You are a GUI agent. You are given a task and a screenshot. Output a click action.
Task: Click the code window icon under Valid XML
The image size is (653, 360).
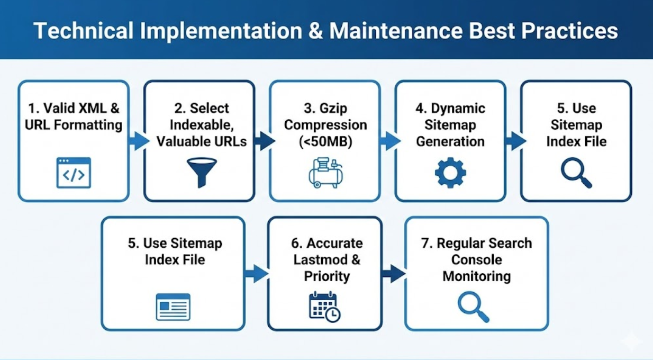coord(74,173)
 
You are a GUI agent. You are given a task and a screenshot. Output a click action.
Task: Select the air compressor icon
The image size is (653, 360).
coord(324,173)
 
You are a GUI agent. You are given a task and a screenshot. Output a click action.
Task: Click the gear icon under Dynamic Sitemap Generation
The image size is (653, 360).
coord(450,173)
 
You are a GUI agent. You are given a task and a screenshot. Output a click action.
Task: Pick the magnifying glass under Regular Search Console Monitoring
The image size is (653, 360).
coord(473,308)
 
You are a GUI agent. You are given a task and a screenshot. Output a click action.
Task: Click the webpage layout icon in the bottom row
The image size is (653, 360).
coord(173,307)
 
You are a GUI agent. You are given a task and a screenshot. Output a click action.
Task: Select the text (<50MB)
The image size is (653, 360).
coord(324,142)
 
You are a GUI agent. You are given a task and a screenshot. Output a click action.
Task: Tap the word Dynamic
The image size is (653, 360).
coord(458,109)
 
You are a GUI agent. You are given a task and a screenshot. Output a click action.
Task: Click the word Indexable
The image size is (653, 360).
coord(201,125)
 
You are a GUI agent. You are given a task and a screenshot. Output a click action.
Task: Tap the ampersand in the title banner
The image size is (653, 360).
coord(313,31)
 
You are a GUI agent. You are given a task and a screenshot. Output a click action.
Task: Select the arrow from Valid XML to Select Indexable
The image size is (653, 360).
coord(139,141)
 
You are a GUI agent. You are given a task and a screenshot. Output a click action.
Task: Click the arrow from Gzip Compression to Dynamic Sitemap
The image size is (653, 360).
coord(390,141)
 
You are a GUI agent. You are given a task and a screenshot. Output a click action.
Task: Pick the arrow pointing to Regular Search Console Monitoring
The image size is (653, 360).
coord(393,274)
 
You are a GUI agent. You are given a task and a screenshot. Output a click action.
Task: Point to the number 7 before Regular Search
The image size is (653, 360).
coord(424,244)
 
